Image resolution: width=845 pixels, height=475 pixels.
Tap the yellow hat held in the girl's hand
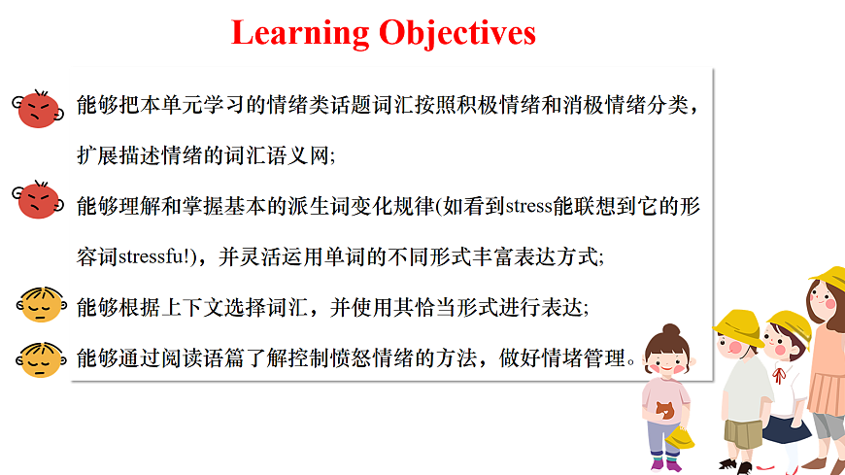pos(681,438)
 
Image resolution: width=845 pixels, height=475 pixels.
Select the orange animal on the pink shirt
pos(663,412)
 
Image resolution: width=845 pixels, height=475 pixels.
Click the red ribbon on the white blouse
pos(778,374)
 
